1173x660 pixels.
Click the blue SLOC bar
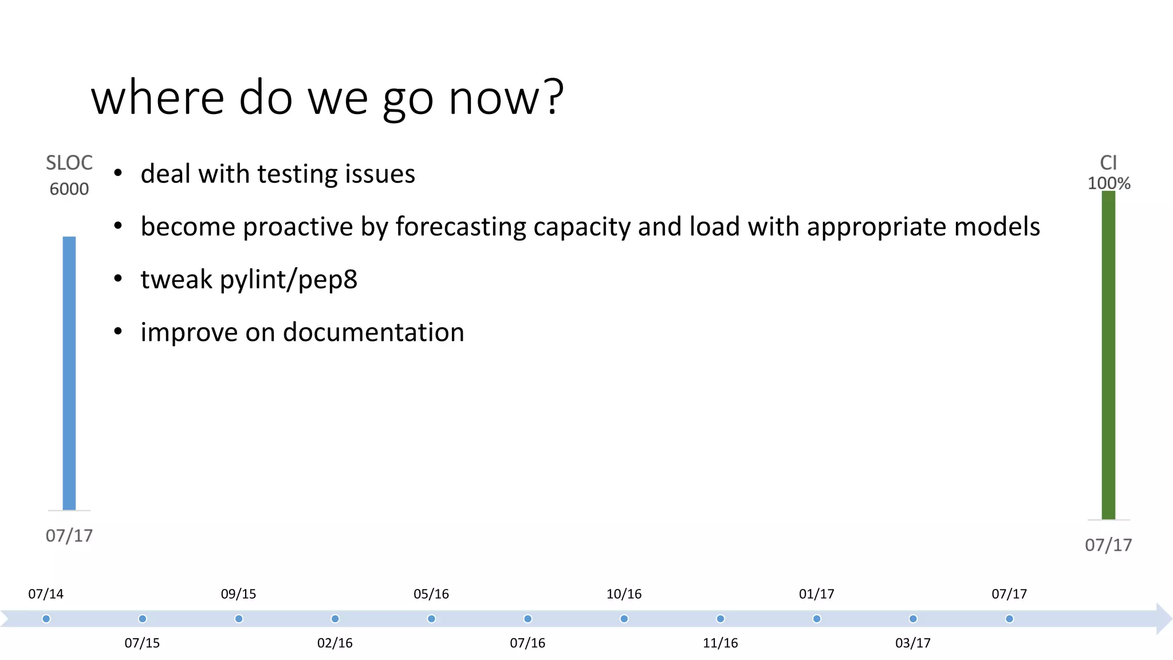[x=69, y=372]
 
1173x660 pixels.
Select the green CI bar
[x=1108, y=355]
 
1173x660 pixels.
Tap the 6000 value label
[x=69, y=189]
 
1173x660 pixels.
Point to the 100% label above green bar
[x=1109, y=183]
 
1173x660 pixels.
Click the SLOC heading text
[x=69, y=163]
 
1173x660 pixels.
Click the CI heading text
[x=1108, y=163]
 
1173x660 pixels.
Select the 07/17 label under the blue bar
[x=69, y=536]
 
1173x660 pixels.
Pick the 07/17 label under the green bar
[x=1108, y=545]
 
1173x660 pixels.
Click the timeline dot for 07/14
[x=46, y=619]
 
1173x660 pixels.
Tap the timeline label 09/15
[x=238, y=594]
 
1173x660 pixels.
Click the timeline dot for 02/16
[x=335, y=619]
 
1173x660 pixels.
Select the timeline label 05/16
[x=431, y=594]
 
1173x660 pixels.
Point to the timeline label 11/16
[x=720, y=643]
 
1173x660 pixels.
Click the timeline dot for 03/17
[x=913, y=619]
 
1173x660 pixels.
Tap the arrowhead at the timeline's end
[x=1164, y=619]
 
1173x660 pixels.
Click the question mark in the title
[x=554, y=97]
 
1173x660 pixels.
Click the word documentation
[x=373, y=332]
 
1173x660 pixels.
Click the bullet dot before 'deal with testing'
[x=118, y=173]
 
